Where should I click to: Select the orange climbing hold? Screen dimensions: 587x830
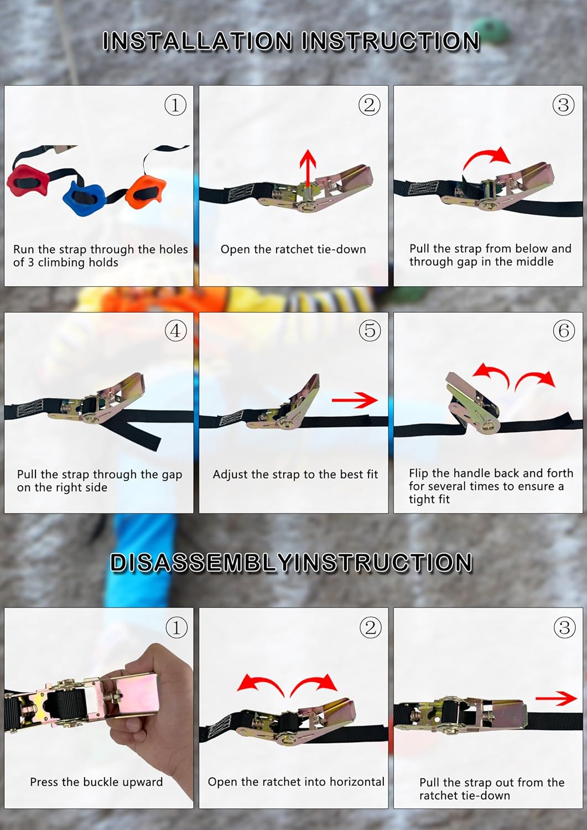pos(146,193)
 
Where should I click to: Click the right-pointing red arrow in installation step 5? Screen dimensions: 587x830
pos(355,400)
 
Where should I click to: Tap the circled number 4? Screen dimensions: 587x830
pos(175,330)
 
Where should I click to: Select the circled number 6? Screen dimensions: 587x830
pos(563,330)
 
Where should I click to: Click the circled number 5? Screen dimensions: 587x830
pos(370,330)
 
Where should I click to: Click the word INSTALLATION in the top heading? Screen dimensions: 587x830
pos(197,41)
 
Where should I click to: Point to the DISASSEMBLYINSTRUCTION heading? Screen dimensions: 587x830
pos(291,563)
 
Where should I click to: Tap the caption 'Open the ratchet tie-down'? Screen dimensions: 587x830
pos(293,250)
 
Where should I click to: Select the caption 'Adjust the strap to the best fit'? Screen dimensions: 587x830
pos(295,475)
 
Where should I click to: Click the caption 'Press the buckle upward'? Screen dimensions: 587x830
pos(96,782)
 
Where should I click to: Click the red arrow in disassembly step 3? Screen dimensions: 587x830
pos(557,698)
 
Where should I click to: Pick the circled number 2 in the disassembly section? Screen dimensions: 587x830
pos(370,627)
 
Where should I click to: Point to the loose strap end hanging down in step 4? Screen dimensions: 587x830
pos(134,433)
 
